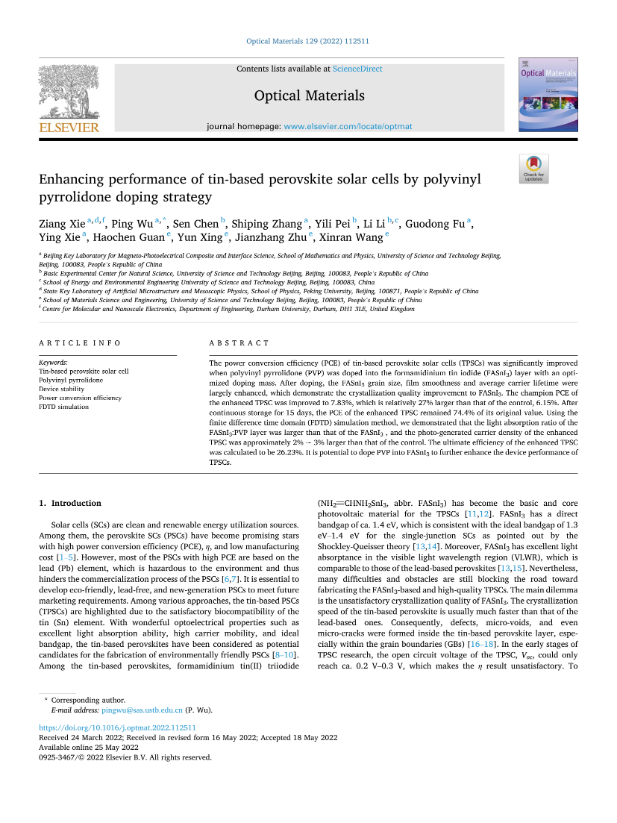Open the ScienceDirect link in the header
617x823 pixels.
[x=357, y=69]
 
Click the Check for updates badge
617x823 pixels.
[x=533, y=169]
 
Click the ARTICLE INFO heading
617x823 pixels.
[x=79, y=342]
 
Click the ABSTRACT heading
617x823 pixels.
[x=239, y=342]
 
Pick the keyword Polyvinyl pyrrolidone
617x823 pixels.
[x=71, y=380]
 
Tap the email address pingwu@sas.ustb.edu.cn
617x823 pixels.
[x=153, y=710]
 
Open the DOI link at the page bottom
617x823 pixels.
[x=117, y=727]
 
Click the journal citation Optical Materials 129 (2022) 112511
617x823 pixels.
[x=308, y=41]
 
